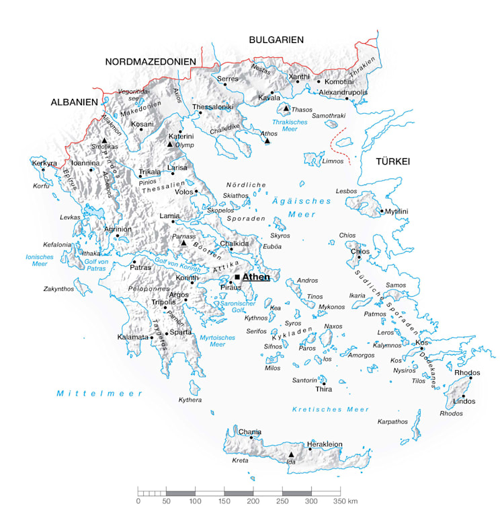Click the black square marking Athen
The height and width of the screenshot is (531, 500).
point(237,277)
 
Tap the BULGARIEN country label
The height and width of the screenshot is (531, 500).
point(276,40)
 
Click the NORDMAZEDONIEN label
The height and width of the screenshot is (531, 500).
point(151,62)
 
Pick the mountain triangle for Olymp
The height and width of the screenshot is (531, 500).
point(170,143)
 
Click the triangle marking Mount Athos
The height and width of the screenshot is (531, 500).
point(267,141)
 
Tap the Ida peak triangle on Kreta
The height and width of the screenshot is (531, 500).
point(291,454)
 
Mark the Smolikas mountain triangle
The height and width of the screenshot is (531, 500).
point(104,140)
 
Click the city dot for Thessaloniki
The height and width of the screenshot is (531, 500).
point(200,112)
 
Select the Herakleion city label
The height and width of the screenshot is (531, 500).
point(325,444)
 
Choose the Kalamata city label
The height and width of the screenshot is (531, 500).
point(132,337)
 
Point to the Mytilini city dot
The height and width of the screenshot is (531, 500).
point(382,211)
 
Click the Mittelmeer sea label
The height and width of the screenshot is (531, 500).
point(99,393)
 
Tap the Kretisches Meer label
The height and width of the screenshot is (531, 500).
point(331,409)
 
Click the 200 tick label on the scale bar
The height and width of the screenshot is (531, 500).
point(253,501)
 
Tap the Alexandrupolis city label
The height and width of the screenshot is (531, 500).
point(343,92)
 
